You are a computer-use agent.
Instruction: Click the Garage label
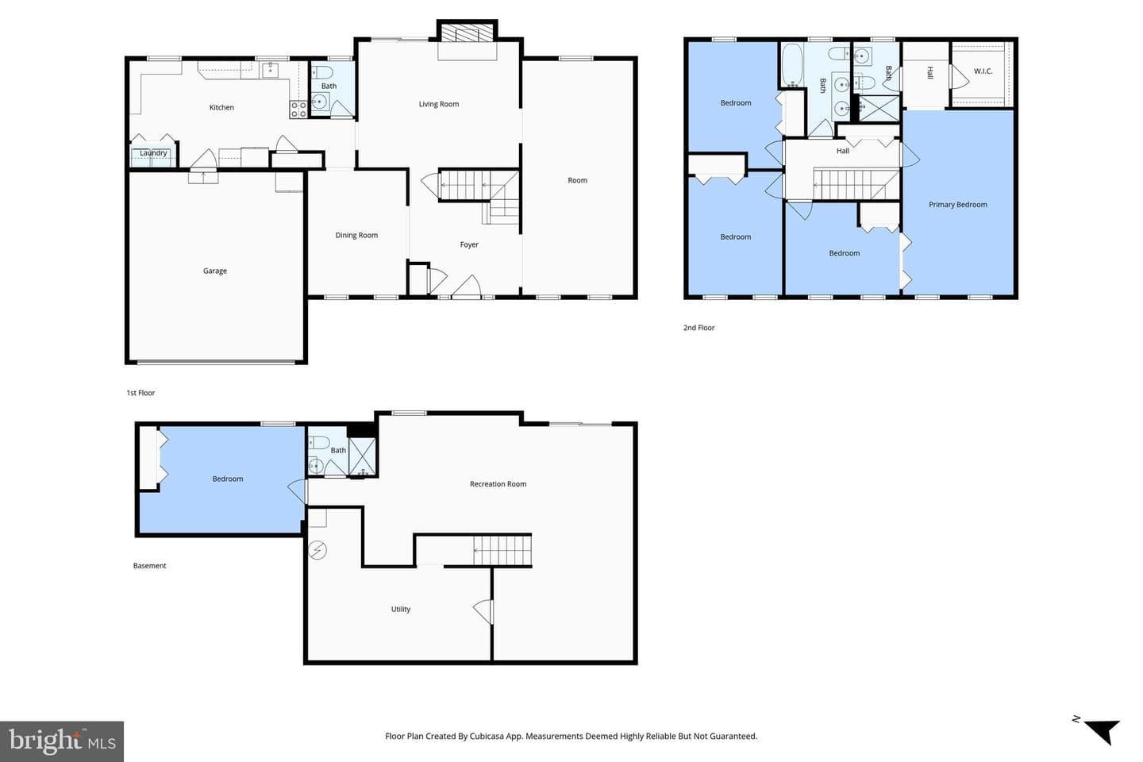[215, 271]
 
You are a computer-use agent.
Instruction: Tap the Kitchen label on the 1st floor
[221, 107]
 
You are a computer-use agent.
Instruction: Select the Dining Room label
[356, 235]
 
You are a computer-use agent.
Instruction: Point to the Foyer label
[469, 244]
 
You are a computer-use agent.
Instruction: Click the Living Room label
[439, 104]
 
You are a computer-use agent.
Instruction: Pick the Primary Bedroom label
[958, 205]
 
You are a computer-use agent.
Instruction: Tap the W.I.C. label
[983, 71]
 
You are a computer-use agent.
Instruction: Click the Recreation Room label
[498, 484]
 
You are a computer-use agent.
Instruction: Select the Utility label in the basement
[401, 609]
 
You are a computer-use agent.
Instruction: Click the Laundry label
[153, 153]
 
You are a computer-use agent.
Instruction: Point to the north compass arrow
[1103, 731]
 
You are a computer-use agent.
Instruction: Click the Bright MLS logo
[62, 741]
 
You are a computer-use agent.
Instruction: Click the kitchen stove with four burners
[298, 110]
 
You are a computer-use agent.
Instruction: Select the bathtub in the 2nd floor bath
[792, 65]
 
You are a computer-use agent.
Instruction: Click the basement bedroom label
[228, 479]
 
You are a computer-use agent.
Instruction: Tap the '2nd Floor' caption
[699, 328]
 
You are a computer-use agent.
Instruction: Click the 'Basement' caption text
[149, 565]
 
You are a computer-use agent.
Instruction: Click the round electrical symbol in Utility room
[317, 550]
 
